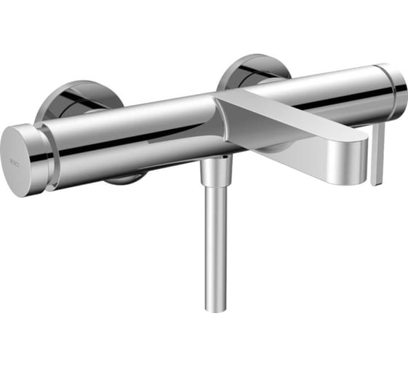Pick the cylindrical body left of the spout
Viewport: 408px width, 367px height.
coord(131,135)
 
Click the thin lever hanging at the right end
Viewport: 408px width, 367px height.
coord(378,153)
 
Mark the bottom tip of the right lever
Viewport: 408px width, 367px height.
coord(376,182)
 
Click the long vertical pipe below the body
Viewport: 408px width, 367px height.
coord(216,248)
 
